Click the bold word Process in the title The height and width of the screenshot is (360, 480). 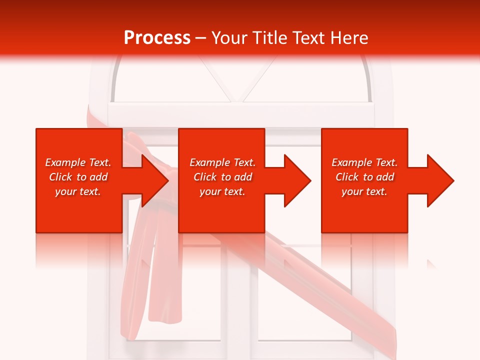point(157,38)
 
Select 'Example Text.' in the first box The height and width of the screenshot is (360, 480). point(78,162)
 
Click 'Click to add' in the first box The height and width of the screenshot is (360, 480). point(78,177)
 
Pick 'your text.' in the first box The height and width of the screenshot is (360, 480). point(78,191)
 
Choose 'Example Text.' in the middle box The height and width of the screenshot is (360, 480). point(222,162)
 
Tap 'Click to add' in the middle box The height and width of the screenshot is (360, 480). point(222,177)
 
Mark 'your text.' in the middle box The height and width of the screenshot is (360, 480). point(222,191)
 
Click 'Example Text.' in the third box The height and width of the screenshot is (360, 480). point(364,162)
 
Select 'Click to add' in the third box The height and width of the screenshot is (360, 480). point(364,177)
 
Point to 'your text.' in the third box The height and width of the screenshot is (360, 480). point(364,191)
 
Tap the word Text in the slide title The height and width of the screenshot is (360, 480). point(305,38)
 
